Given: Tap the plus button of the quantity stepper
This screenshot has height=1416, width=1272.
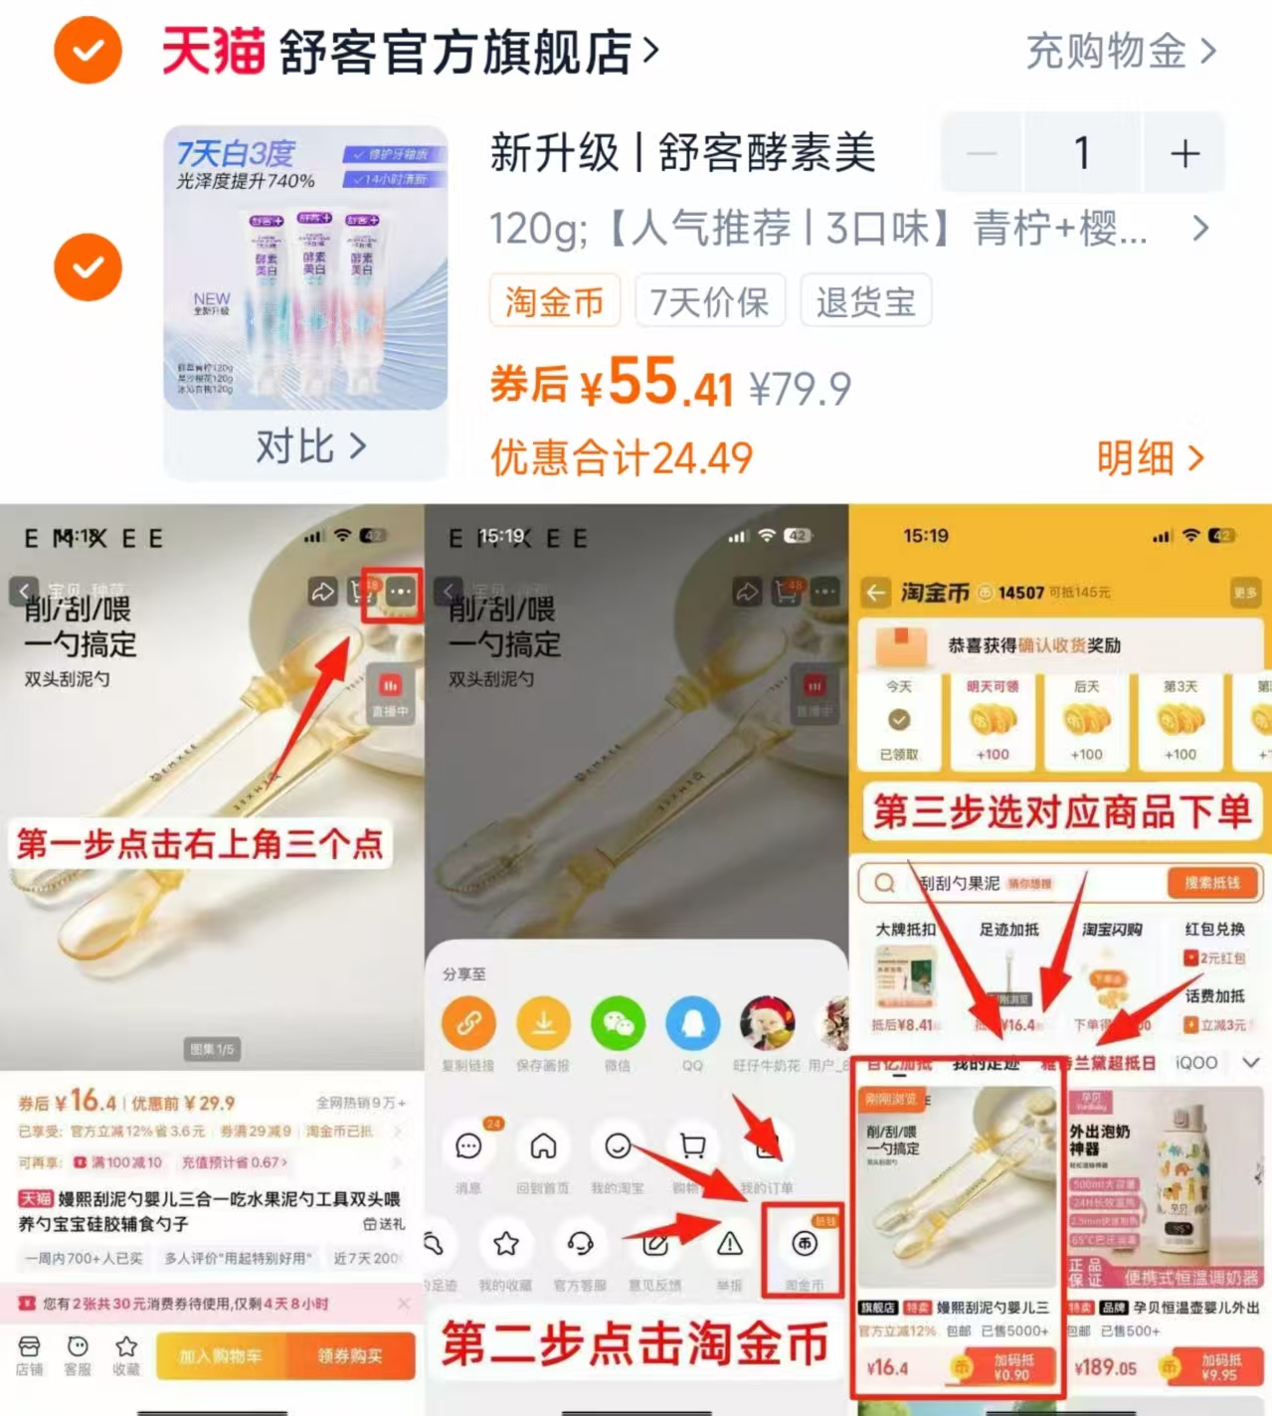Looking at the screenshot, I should (x=1183, y=154).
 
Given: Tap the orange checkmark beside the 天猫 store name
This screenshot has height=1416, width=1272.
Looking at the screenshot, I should (x=88, y=51).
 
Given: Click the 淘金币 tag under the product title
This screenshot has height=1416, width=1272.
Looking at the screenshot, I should (x=554, y=301).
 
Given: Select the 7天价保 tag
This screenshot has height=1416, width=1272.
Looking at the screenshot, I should (x=709, y=301).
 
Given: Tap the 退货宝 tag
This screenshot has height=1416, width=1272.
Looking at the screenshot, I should (x=865, y=301).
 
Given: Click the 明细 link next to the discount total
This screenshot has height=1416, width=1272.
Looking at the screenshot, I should (x=1150, y=458).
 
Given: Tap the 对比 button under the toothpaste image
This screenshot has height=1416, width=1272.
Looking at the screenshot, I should (x=309, y=446).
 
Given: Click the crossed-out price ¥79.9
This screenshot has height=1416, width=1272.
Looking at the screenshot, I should (x=800, y=389).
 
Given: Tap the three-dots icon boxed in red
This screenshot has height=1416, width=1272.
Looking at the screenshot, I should (x=400, y=593).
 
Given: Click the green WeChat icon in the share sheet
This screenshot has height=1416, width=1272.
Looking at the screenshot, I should (x=618, y=1023).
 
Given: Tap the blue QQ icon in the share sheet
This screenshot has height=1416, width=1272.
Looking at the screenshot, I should (x=692, y=1023).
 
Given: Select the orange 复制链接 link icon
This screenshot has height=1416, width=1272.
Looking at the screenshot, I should (x=468, y=1023).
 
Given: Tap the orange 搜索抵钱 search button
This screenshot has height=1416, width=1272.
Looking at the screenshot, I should (x=1211, y=883).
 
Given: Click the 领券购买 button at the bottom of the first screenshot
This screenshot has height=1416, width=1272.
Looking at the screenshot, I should (x=350, y=1355).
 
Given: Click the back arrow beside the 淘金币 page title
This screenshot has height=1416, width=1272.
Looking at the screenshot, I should (x=875, y=594).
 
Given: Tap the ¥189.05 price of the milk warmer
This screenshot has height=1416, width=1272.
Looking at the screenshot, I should (x=1105, y=1367).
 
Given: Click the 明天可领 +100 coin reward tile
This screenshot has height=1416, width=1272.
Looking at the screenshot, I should (x=992, y=720).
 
